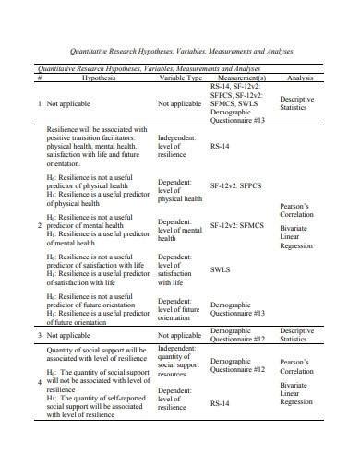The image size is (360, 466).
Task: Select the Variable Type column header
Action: [x=181, y=78]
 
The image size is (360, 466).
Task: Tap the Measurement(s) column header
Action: [x=243, y=78]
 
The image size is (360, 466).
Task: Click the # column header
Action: [x=40, y=78]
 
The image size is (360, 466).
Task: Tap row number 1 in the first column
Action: [x=39, y=104]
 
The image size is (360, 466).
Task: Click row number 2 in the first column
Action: [x=39, y=225]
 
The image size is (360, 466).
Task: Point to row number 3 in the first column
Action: [x=39, y=334]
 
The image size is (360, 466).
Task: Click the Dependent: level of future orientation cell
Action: [x=181, y=306]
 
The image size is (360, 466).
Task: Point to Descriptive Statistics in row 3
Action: [x=297, y=334]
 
